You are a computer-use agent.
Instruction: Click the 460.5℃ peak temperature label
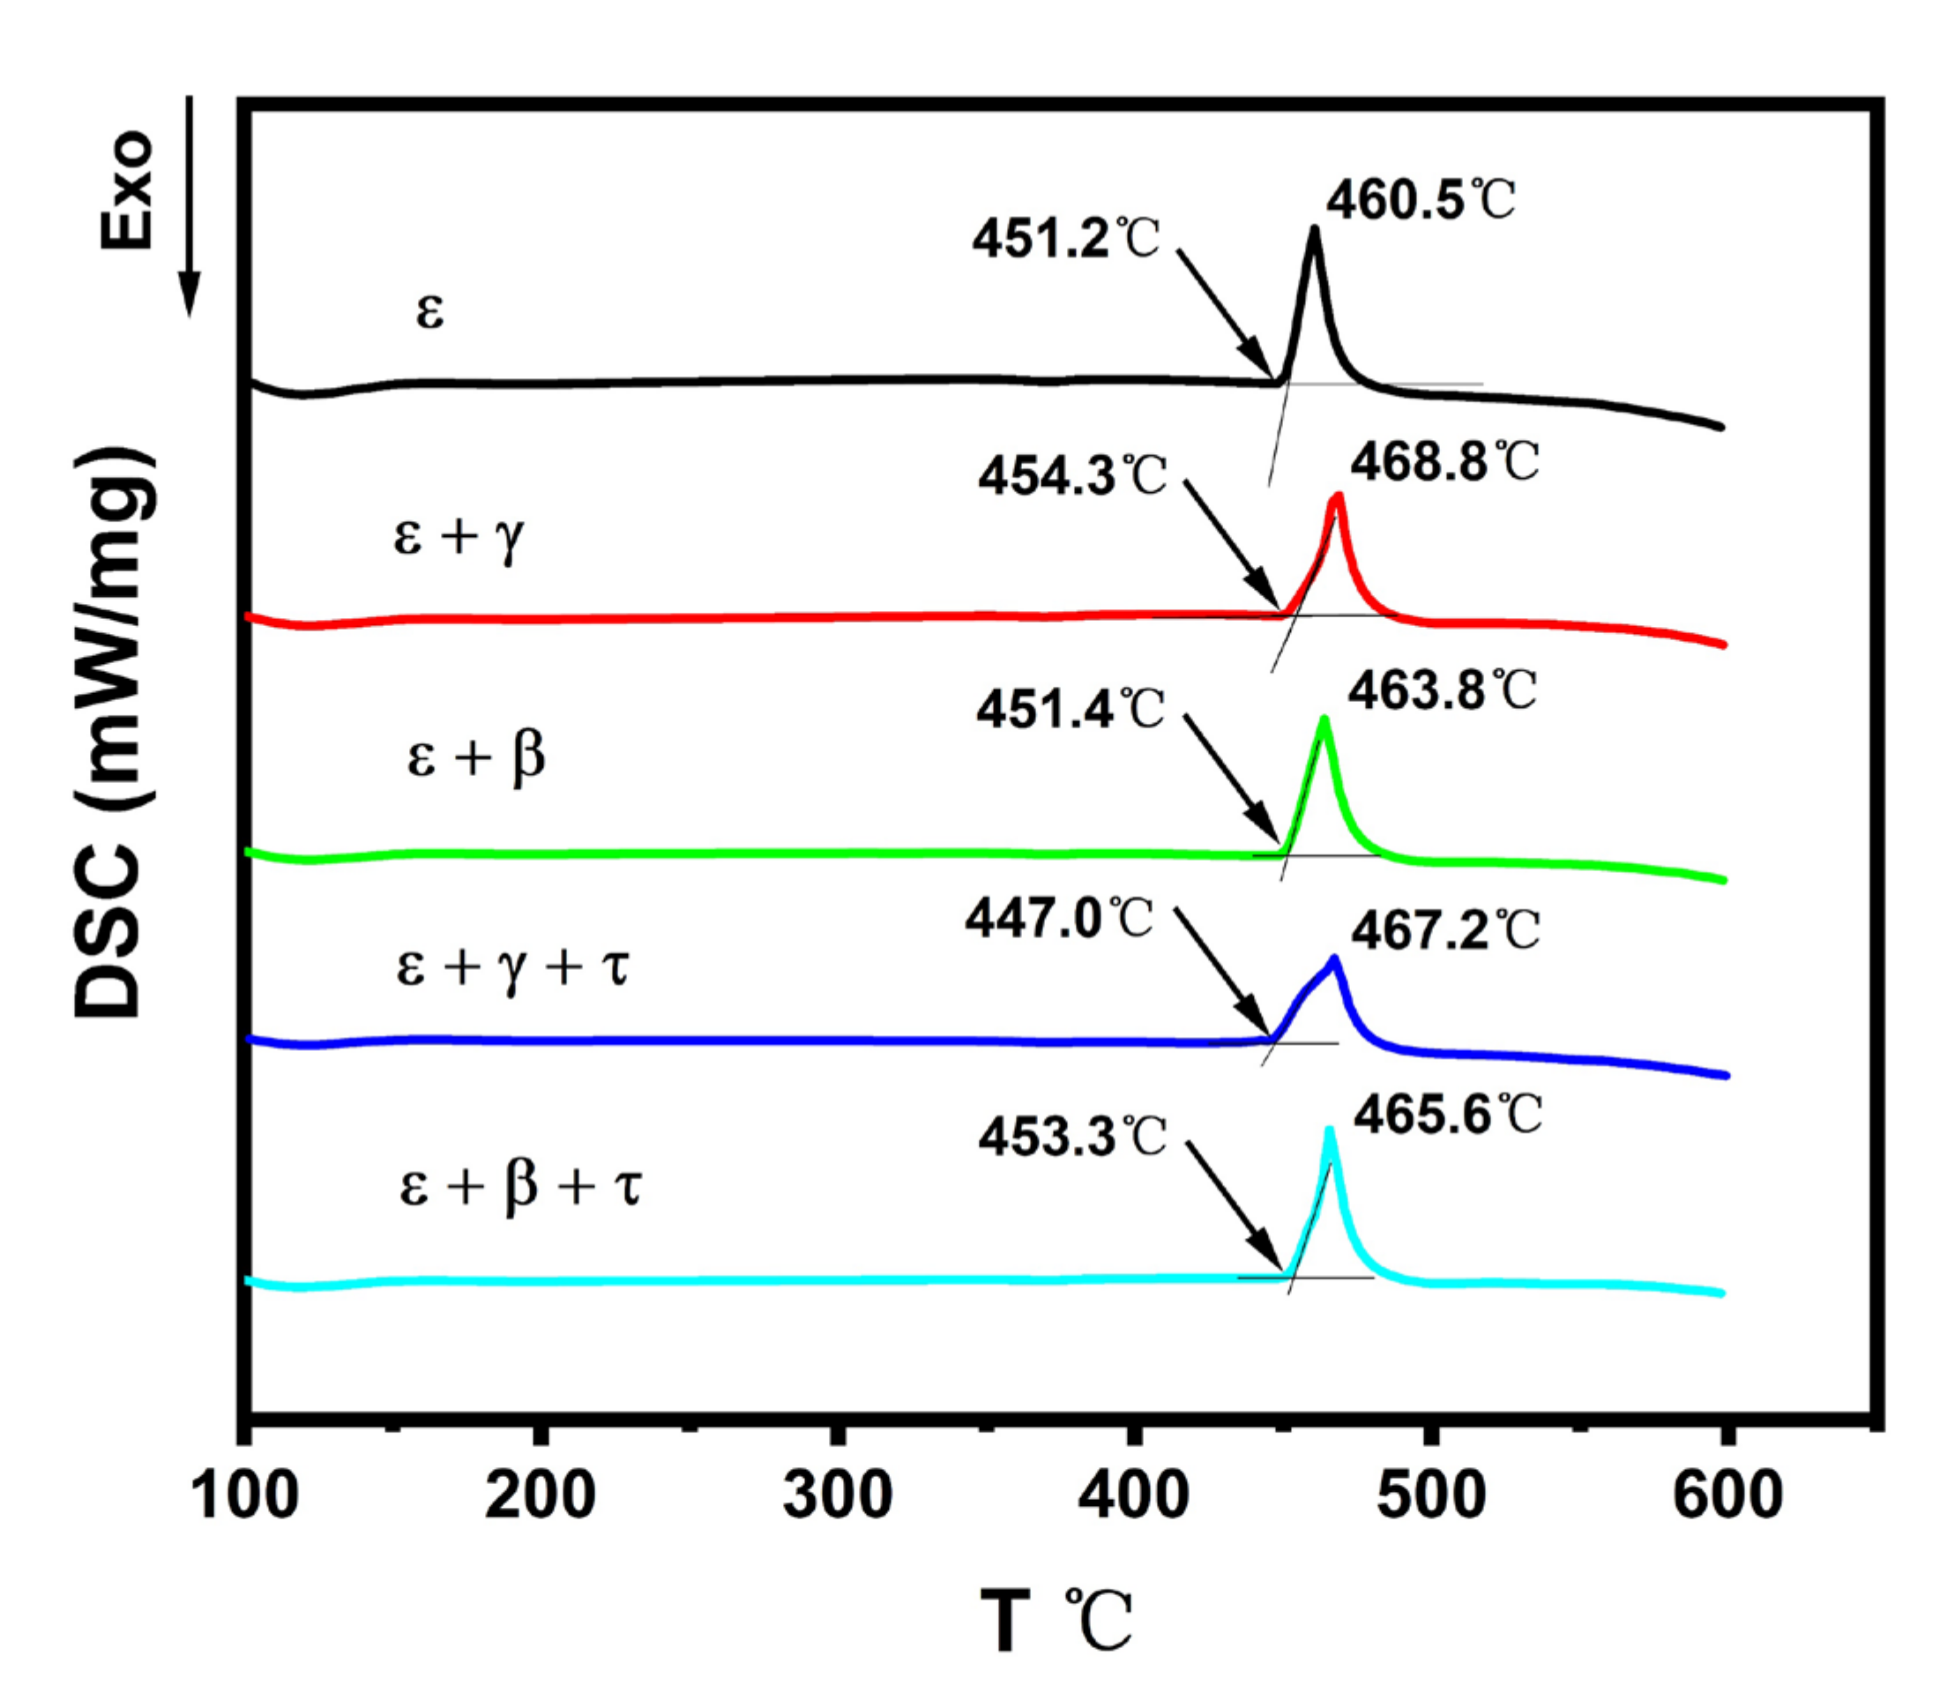1420,201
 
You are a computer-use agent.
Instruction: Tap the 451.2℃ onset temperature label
1065,238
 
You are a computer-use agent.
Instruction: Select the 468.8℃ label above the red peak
1444,463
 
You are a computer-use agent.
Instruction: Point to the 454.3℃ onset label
1072,475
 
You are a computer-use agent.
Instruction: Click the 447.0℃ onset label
1059,918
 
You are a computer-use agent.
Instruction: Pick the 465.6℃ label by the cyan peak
1448,1115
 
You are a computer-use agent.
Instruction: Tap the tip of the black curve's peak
1314,228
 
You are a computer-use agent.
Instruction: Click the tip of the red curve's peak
1339,496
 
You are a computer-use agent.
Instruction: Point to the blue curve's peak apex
1335,959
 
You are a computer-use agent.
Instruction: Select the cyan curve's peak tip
1329,1130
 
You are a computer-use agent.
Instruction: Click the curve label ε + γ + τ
512,968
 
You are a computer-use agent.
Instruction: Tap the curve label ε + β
476,758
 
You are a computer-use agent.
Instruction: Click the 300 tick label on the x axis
837,1496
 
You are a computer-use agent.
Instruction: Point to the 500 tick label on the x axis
1430,1496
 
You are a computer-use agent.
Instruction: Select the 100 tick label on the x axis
245,1496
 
